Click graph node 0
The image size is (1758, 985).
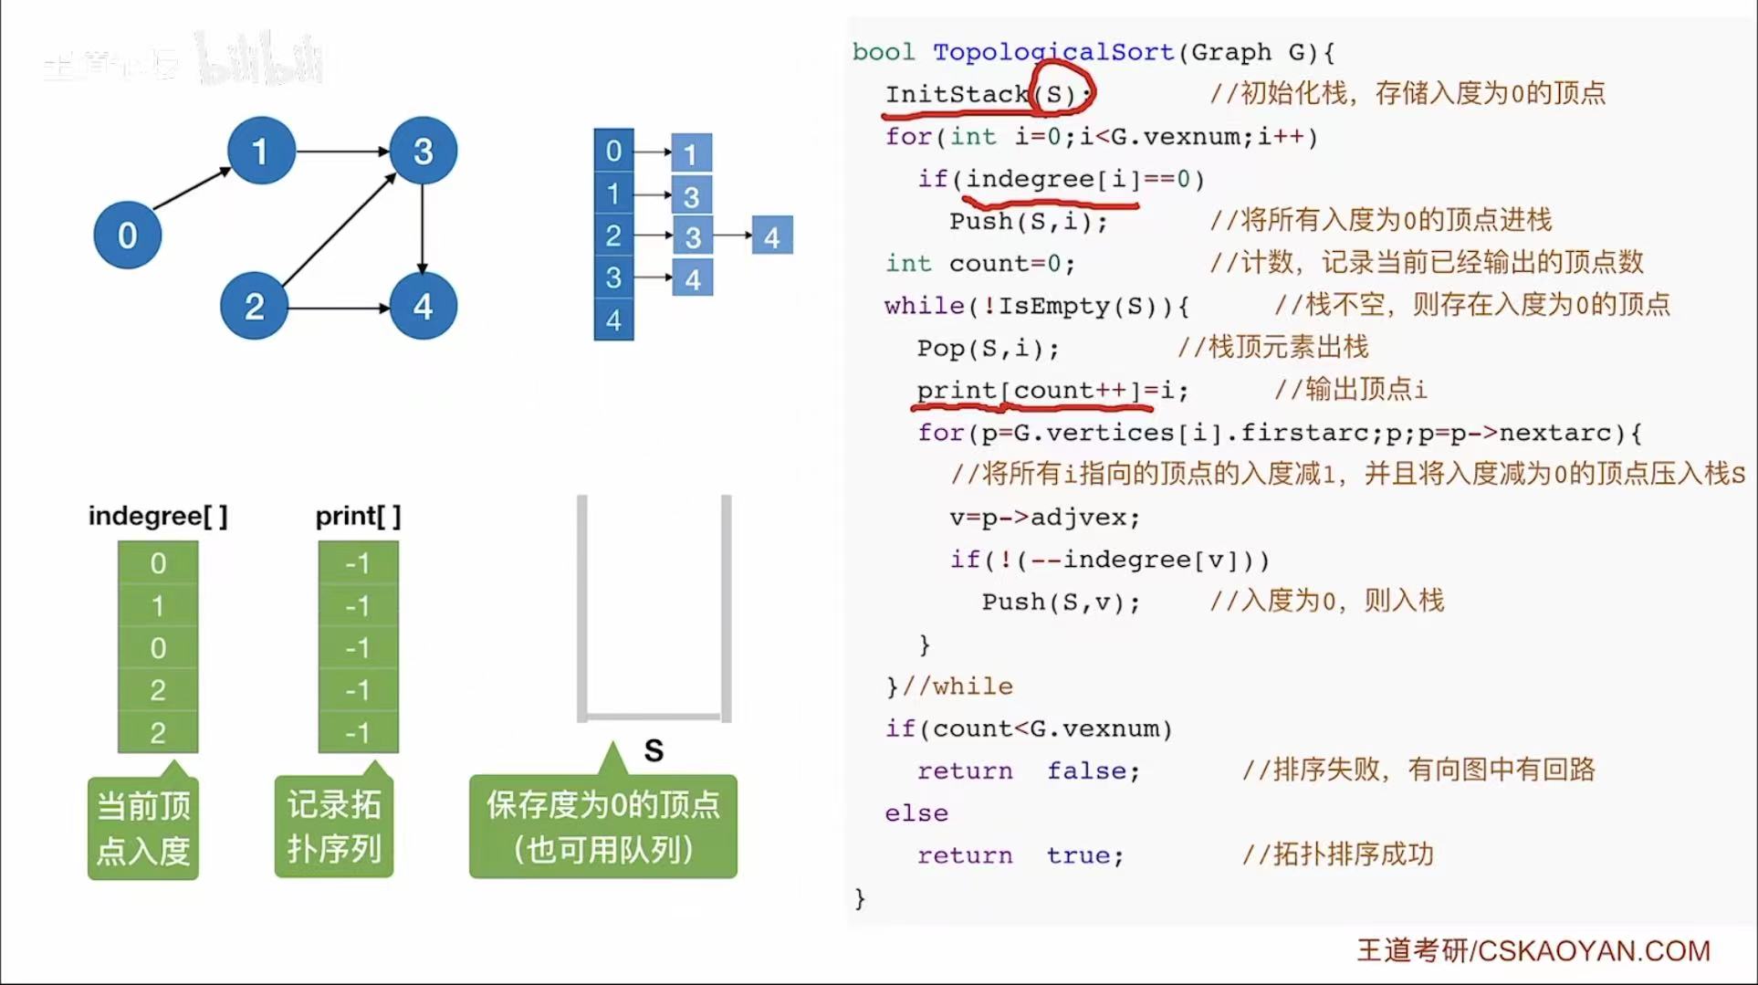[x=128, y=236]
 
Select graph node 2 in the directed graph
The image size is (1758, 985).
[x=254, y=306]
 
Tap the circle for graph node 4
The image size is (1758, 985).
[x=423, y=306]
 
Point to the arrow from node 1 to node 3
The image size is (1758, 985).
[x=341, y=151]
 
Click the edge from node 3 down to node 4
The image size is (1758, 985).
[x=422, y=228]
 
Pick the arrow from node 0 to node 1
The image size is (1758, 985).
[x=192, y=189]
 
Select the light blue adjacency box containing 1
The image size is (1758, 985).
[x=691, y=153]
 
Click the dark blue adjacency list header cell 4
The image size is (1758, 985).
[x=613, y=320]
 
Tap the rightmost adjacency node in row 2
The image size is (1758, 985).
[x=772, y=236]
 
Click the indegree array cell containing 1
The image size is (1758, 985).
[x=158, y=606]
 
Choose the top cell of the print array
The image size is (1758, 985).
[x=358, y=563]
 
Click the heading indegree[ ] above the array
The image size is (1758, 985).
[x=158, y=517]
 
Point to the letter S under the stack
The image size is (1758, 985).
[x=654, y=750]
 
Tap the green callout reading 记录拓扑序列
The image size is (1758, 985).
[x=334, y=827]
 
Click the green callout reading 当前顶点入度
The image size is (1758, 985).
[x=143, y=828]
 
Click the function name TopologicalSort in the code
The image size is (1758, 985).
[x=1052, y=52]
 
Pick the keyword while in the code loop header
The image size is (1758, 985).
[x=924, y=305]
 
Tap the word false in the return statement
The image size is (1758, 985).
[x=1085, y=770]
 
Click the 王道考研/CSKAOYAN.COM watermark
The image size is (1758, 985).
[x=1533, y=951]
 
